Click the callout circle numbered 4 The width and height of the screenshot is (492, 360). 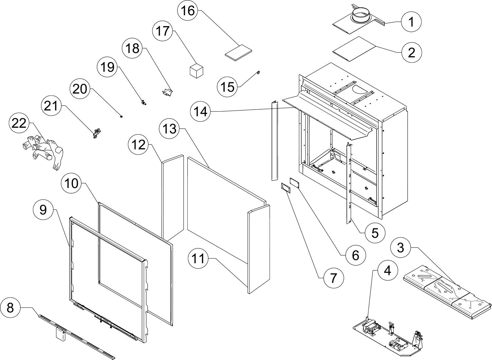(387, 271)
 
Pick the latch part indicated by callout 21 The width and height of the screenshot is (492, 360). (96, 133)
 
